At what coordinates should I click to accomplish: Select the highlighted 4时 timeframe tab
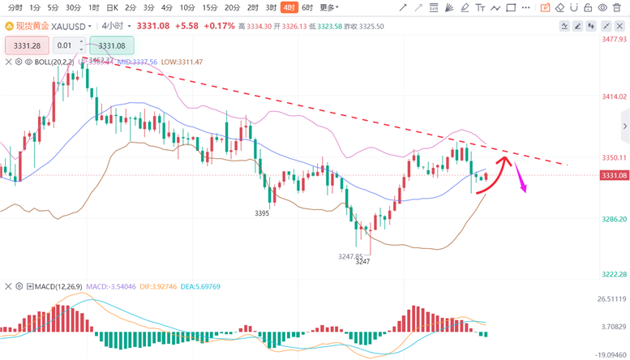point(289,7)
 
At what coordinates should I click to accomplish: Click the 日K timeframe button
point(113,7)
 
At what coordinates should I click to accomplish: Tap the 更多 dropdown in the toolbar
point(328,7)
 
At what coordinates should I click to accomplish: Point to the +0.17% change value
point(219,26)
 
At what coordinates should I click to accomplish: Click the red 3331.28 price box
point(28,46)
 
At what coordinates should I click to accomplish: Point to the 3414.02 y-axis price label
point(613,96)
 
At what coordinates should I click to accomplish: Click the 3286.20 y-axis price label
point(613,219)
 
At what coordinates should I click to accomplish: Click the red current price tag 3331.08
point(613,176)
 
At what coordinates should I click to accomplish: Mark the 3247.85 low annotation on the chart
point(349,256)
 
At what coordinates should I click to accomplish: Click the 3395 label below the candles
point(262,213)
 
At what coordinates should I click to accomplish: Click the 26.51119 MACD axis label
point(613,299)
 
